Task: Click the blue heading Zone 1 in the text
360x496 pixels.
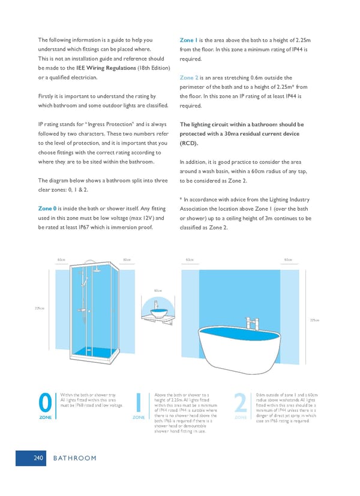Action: (188, 40)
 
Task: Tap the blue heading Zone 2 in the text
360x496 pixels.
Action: (189, 77)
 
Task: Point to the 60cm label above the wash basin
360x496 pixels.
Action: (158, 291)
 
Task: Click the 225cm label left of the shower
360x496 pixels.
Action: (39, 309)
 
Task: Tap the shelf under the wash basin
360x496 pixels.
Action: (160, 319)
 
